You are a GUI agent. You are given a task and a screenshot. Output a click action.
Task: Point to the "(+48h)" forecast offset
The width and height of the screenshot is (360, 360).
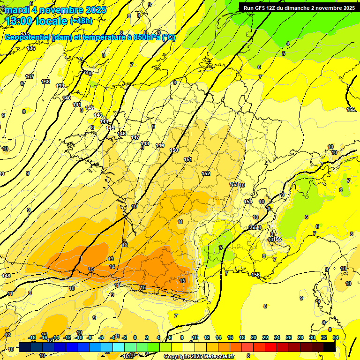click(81, 21)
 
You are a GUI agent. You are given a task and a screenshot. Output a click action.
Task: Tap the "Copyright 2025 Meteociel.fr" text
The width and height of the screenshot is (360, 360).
click(199, 357)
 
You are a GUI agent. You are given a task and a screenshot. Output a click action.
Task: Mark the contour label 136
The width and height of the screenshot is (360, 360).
click(31, 48)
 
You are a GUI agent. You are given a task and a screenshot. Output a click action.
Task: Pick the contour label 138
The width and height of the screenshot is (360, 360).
click(45, 82)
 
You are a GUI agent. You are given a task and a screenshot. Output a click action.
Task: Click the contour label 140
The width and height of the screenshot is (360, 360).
click(67, 98)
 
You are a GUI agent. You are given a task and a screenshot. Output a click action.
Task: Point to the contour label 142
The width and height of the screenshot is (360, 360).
click(90, 108)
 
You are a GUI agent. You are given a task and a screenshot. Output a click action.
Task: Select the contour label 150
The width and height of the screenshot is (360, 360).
click(174, 150)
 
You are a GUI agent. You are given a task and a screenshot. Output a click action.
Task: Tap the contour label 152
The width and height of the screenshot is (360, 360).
click(205, 174)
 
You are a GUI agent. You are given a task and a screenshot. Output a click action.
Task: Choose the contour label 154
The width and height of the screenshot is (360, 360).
click(248, 202)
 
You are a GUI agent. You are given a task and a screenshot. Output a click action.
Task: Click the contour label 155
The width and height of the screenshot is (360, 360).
click(351, 109)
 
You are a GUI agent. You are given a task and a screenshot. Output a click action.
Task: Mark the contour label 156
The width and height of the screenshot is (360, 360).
click(255, 275)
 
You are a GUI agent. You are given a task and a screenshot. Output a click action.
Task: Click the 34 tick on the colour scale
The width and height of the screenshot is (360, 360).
click(336, 337)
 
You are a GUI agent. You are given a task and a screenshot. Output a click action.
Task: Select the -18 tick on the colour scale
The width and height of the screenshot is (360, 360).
click(32, 337)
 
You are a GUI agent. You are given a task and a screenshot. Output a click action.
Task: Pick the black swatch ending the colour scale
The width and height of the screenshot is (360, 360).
click(330, 347)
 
